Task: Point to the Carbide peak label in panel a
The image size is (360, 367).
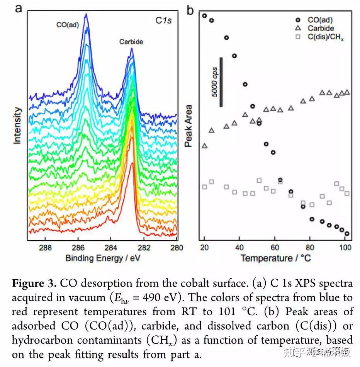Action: [131, 42]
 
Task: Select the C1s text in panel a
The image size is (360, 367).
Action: [163, 20]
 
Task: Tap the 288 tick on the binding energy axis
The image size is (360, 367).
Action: [46, 248]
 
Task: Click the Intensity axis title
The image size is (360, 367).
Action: [17, 126]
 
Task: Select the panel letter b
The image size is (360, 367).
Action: [190, 10]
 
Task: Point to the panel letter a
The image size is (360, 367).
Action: [18, 8]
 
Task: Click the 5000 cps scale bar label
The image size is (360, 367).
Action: [215, 82]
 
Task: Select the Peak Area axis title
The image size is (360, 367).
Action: [188, 127]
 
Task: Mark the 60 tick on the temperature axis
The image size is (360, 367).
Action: [274, 248]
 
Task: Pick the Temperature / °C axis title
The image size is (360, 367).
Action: [276, 258]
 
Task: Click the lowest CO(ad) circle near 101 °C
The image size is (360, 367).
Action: [347, 233]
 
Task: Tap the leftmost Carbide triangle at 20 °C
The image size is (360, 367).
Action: [204, 146]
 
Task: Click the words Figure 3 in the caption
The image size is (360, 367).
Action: [34, 283]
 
